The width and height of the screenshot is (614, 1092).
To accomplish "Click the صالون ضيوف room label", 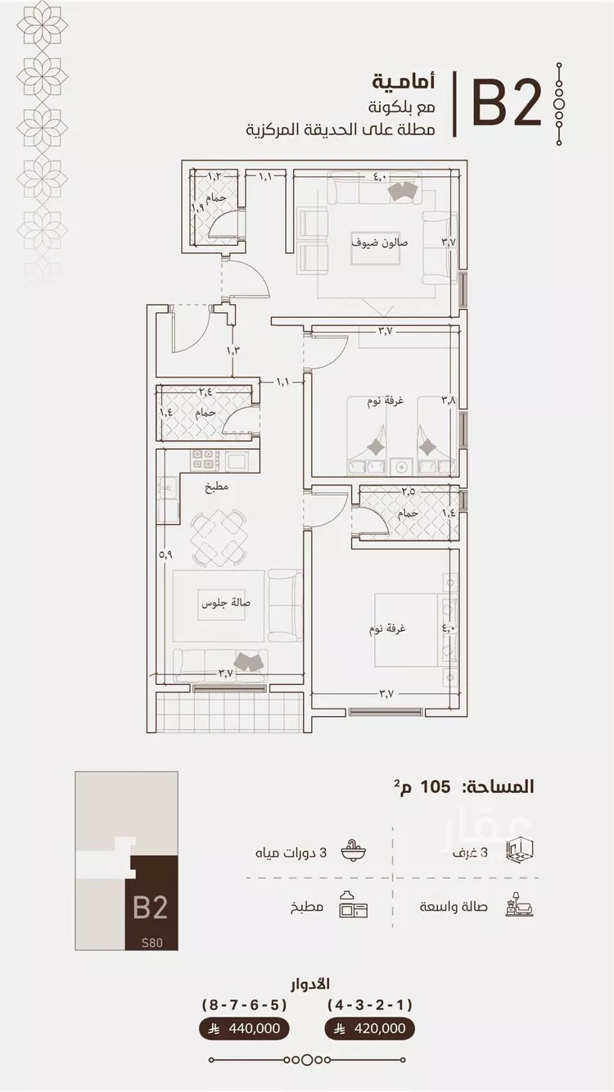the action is tap(380, 242).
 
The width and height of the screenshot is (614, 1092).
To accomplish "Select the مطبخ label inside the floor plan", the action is tap(216, 486).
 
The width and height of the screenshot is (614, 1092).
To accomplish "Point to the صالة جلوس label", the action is tap(226, 603).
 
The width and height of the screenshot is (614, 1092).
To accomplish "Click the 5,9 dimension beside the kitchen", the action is tap(165, 555).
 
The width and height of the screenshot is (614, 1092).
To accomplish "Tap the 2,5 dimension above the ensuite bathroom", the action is tap(409, 492).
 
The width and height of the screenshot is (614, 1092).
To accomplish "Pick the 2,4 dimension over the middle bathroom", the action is tap(205, 391).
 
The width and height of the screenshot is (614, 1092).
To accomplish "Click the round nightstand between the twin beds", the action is tap(401, 467).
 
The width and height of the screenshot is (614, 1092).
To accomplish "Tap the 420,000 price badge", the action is tap(369, 1028).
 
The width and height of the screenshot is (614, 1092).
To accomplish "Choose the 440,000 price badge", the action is tap(244, 1028).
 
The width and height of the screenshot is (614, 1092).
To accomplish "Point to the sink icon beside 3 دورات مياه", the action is tap(354, 851).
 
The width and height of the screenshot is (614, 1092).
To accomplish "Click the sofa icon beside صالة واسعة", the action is tap(519, 906).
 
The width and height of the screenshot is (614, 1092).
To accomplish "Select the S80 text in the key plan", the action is tap(151, 942).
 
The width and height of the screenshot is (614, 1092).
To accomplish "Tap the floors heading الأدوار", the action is tap(309, 984).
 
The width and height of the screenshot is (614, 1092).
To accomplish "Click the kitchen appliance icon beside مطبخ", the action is tap(354, 904).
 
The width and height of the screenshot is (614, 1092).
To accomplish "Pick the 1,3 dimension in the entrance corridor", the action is tap(233, 350).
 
